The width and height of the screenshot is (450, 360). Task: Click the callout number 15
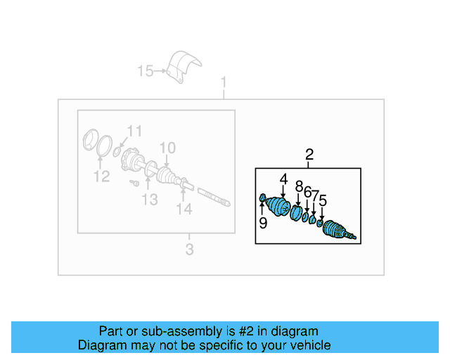[145, 71]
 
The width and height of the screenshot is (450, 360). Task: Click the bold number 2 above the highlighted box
[309, 155]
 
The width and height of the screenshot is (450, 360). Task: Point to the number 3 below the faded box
[189, 249]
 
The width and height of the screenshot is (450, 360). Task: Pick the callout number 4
[283, 180]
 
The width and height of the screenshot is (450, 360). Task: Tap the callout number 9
[262, 224]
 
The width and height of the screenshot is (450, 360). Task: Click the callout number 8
[298, 186]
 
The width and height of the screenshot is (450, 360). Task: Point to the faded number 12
[102, 176]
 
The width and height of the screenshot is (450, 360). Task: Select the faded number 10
[167, 148]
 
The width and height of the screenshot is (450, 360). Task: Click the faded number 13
[150, 200]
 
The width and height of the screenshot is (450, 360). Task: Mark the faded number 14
[184, 209]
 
